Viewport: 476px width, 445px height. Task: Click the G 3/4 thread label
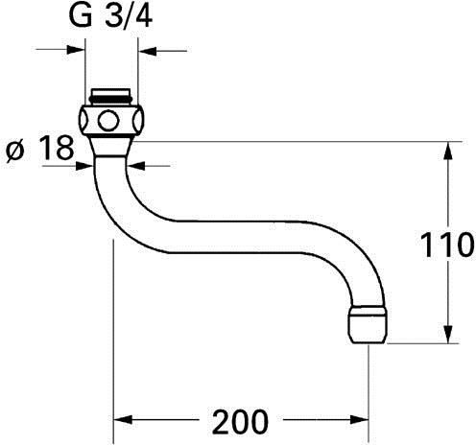[110, 15]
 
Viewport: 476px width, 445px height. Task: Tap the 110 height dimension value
[447, 246]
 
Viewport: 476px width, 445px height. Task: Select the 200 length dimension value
[240, 421]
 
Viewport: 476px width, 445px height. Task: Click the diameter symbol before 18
[15, 151]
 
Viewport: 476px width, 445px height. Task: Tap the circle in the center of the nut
[108, 121]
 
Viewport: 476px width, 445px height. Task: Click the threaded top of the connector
[110, 96]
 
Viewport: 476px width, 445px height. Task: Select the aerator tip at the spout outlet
[368, 324]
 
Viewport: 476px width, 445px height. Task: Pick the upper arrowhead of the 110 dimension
[448, 151]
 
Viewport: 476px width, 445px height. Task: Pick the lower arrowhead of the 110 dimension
[448, 335]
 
